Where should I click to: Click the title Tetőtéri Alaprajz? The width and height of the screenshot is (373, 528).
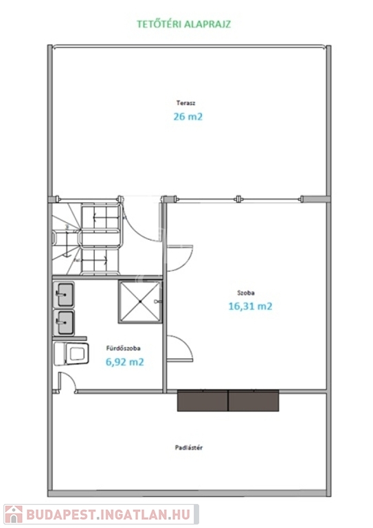[183, 24]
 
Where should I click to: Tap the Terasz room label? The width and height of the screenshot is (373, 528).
[185, 103]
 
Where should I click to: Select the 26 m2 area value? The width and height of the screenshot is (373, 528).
[188, 116]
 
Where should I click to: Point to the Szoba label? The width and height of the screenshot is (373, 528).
[246, 293]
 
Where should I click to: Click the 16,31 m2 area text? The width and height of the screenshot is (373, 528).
[250, 306]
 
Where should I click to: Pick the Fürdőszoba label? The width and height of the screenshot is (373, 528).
[123, 348]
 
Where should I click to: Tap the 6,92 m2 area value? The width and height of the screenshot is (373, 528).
[125, 362]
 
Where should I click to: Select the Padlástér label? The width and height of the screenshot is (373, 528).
[189, 448]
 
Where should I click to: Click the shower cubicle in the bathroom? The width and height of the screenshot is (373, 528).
[140, 302]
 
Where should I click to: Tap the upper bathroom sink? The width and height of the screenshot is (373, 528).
[64, 295]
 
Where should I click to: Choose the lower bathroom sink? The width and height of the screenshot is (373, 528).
[64, 323]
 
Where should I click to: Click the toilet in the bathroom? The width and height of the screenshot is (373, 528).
[71, 353]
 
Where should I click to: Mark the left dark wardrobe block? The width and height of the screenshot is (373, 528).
[203, 401]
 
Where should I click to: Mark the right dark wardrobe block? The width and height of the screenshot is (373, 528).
[253, 401]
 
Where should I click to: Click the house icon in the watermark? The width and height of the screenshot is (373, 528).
[14, 514]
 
